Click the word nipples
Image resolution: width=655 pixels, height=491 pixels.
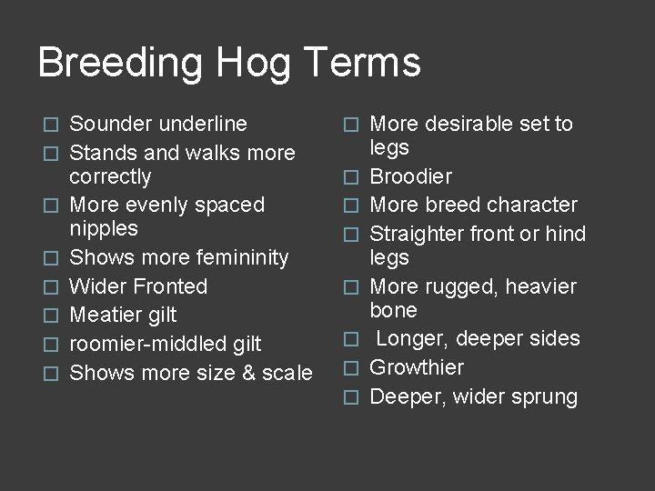click(x=104, y=227)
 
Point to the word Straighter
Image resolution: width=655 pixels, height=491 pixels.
click(x=418, y=234)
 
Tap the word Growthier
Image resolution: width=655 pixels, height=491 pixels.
click(x=417, y=367)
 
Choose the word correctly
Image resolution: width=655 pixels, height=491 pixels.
click(x=110, y=175)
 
